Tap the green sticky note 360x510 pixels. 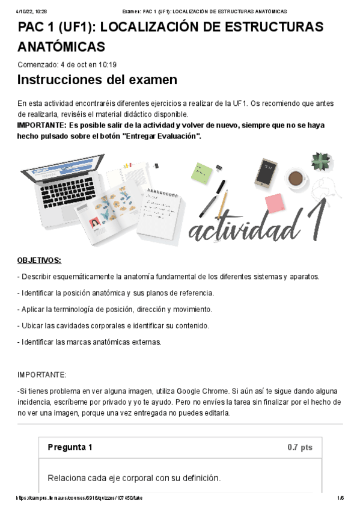click(x=202, y=172)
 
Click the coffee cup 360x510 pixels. click(x=295, y=178)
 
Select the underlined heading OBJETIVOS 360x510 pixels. click(x=39, y=260)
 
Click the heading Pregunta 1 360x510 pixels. click(x=70, y=447)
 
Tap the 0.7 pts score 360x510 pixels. click(x=300, y=447)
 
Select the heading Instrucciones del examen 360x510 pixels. click(x=97, y=80)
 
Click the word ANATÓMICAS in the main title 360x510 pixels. click(x=61, y=47)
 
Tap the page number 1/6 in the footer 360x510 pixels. click(x=340, y=498)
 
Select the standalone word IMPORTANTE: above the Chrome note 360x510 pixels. click(x=42, y=375)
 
